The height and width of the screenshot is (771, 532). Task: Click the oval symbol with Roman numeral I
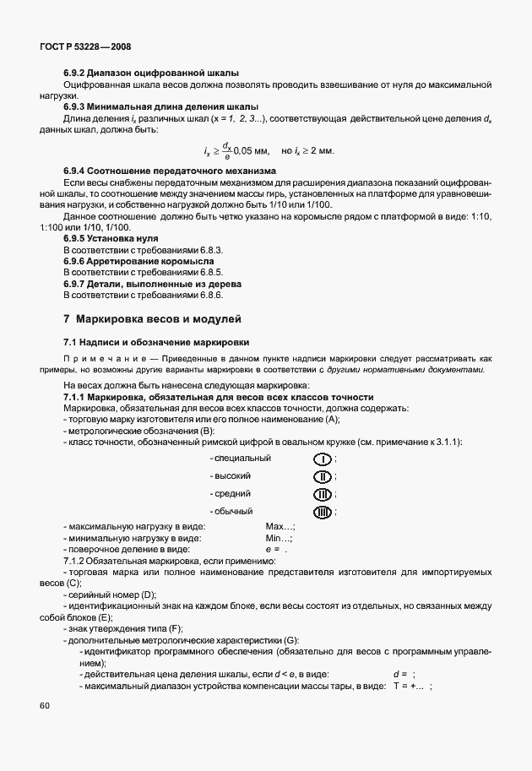point(323,459)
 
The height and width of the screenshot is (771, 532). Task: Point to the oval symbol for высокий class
point(323,476)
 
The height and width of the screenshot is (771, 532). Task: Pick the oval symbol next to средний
point(323,494)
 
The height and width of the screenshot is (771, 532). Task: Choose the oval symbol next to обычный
point(323,512)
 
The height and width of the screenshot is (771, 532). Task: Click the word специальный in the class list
point(242,459)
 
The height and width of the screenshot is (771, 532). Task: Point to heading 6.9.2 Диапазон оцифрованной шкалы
point(150,73)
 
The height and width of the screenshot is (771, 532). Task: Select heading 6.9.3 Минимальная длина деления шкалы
point(160,106)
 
